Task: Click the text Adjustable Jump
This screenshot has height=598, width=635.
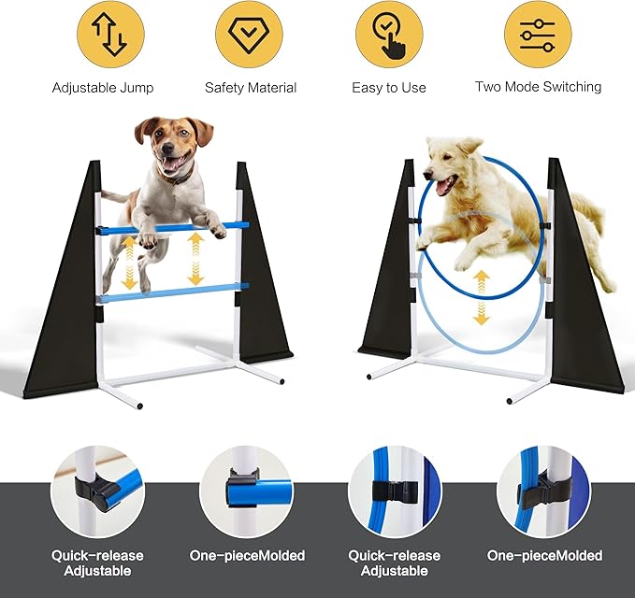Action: point(103,88)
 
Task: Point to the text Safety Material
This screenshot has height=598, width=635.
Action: point(250,88)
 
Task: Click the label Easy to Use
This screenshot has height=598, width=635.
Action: point(388,88)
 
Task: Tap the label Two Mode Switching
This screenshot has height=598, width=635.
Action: point(538,87)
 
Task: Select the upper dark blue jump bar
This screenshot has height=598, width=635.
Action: point(173,227)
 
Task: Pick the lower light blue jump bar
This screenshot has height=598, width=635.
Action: point(173,292)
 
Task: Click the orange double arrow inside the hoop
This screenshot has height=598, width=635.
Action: point(481,297)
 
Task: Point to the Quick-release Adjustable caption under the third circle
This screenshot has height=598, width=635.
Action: point(394,562)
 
